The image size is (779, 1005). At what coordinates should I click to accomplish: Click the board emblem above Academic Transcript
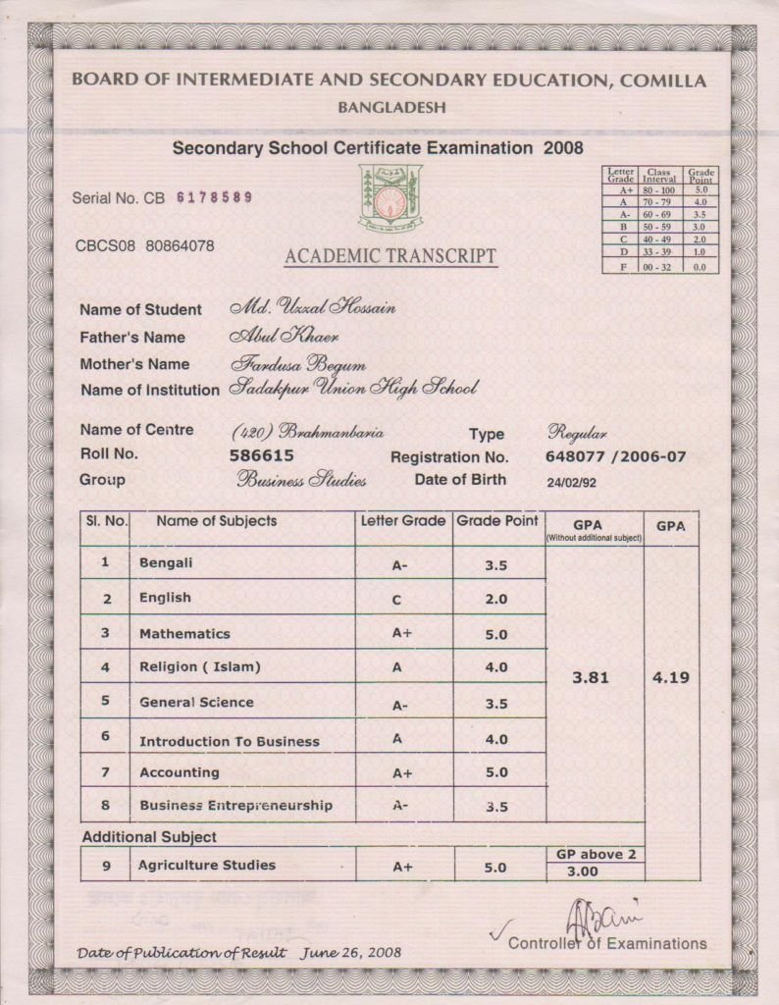point(389,198)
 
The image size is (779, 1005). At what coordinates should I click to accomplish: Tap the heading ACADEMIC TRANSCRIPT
point(390,257)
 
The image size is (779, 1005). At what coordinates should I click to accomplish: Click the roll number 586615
point(261,455)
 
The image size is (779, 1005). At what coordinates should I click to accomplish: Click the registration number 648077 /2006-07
point(615,456)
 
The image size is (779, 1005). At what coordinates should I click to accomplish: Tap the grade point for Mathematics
point(496,634)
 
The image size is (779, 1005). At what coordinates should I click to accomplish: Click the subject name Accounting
point(179,772)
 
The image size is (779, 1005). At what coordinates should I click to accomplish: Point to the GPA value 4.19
point(671,677)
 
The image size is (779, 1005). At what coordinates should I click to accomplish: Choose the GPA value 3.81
point(593,676)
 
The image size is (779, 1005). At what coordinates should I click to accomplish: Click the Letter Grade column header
point(402,521)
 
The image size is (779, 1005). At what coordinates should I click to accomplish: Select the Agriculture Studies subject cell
point(206,866)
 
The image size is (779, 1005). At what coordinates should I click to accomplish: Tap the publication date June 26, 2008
point(351,952)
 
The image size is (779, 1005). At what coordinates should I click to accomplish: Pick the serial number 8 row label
point(105,806)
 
